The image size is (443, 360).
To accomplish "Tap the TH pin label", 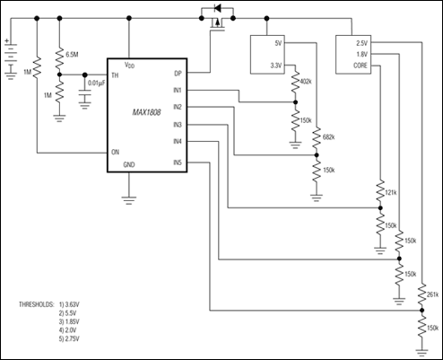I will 115,75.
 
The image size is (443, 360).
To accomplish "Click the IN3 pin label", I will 178,125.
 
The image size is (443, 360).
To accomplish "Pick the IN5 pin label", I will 178,162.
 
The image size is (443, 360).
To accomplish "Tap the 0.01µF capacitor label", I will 99,83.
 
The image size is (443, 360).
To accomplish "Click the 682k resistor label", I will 327,137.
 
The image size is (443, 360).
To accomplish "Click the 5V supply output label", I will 277,42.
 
